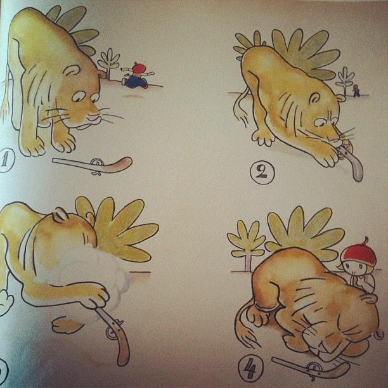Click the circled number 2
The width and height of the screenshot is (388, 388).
coord(262,172)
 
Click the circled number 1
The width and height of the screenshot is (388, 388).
coord(6,160)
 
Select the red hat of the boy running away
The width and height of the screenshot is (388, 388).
coord(139,68)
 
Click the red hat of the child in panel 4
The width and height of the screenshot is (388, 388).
coord(359,254)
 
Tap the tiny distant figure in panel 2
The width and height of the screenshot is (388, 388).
coord(356,91)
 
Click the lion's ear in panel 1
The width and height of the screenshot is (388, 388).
coord(72,70)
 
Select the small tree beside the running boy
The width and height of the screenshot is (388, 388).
coord(109,63)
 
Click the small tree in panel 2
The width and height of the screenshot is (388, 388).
coord(345,81)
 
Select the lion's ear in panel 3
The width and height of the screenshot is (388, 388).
coord(60,214)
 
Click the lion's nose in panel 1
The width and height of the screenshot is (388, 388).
coord(93,115)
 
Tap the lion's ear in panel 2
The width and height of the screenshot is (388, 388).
coord(314,98)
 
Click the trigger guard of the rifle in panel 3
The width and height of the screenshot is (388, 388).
coord(110,333)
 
